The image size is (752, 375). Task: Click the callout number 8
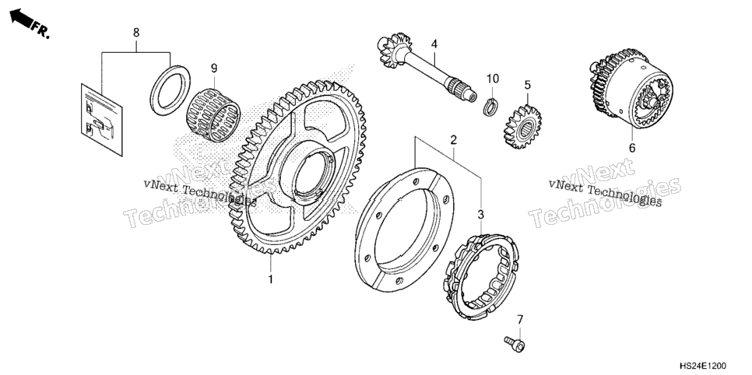tap(136, 33)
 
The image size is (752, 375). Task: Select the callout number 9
tap(214, 68)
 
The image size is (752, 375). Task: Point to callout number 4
tap(434, 44)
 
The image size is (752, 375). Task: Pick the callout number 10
tap(493, 78)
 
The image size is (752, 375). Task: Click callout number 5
tap(528, 86)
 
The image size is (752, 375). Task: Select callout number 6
tap(631, 148)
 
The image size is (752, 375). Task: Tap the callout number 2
tap(453, 140)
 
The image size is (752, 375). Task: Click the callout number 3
tap(481, 215)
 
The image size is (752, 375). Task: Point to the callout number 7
tap(520, 320)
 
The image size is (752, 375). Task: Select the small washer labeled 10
tap(489, 106)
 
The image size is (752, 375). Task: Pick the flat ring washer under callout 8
tap(170, 90)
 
